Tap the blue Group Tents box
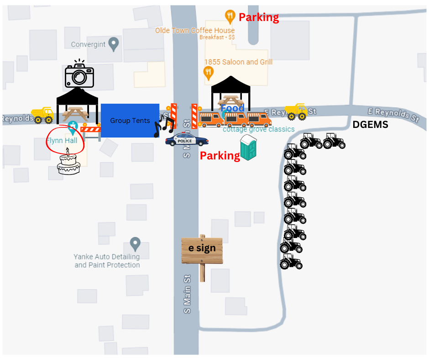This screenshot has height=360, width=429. (130, 121)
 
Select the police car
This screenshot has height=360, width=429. (187, 139)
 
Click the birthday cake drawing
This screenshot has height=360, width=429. (68, 163)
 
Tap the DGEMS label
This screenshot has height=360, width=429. (370, 125)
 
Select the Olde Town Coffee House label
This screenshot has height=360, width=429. (195, 31)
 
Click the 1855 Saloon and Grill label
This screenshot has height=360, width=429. (238, 62)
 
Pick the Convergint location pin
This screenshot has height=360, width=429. (114, 44)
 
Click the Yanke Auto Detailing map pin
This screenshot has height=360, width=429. (135, 243)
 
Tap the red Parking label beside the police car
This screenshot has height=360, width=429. (220, 156)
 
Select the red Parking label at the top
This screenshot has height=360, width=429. (259, 18)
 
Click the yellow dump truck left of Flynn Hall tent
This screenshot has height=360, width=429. (42, 115)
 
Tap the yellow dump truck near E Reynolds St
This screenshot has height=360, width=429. (296, 111)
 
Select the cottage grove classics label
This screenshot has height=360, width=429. (258, 129)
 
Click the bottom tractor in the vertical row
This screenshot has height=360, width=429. (291, 262)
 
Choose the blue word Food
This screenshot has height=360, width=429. (232, 108)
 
